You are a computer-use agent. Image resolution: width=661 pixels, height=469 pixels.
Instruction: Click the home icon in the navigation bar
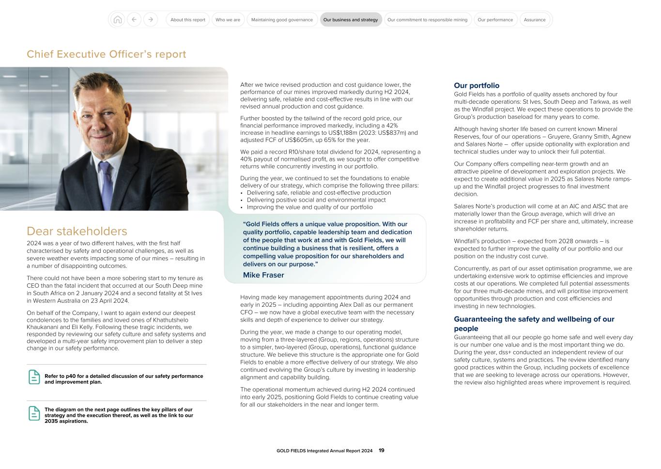(117, 20)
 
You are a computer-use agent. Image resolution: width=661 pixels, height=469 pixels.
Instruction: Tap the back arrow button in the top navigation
(134, 20)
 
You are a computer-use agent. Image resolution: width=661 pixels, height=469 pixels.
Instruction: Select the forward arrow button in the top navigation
(151, 20)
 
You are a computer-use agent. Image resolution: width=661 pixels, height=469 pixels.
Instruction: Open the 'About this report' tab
(188, 20)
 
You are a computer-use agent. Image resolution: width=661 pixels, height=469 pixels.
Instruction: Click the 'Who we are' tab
(228, 20)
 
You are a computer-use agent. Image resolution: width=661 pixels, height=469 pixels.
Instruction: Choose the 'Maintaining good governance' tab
(282, 20)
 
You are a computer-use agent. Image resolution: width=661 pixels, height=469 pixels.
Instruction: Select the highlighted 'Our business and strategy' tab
(351, 20)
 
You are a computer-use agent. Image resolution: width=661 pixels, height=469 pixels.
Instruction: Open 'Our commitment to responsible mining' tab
(427, 20)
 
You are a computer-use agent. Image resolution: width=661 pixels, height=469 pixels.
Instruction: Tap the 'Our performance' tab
(495, 20)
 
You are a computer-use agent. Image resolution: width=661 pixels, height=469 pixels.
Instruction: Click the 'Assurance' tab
(535, 20)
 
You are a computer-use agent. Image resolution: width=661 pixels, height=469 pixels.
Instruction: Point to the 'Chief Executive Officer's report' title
(106, 54)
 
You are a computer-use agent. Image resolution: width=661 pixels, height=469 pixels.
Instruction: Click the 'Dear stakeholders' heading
(77, 231)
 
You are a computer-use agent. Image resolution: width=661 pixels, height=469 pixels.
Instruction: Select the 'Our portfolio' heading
(477, 85)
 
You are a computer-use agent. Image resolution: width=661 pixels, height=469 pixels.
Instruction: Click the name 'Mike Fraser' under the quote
(263, 275)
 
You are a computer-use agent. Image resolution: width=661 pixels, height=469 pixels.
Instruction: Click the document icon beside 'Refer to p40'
(34, 377)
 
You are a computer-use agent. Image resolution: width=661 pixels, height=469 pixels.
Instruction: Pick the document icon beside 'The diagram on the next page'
(34, 413)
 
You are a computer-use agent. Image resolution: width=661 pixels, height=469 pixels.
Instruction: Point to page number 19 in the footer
(382, 451)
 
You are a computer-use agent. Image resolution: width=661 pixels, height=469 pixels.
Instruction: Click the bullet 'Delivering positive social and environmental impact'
(316, 200)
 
